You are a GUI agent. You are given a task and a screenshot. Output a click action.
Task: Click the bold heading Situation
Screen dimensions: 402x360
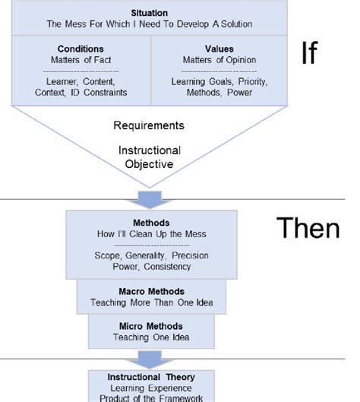pos(149,13)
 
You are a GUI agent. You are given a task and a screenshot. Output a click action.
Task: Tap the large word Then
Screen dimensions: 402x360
pos(307,229)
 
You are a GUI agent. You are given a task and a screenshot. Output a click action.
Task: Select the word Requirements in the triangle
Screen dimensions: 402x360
pos(149,125)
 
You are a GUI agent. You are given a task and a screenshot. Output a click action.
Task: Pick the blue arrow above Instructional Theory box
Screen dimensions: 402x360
pos(149,358)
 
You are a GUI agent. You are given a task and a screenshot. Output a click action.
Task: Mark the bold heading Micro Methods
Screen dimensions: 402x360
pos(149,326)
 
